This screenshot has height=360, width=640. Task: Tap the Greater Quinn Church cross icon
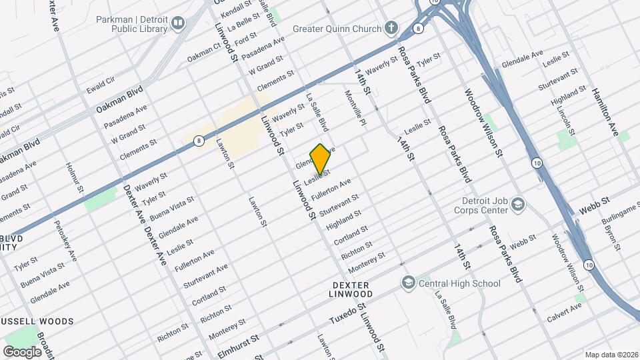(391, 29)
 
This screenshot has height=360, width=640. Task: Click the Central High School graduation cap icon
(407, 283)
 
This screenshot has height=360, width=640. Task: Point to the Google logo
(22, 351)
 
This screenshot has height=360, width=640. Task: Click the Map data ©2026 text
(611, 355)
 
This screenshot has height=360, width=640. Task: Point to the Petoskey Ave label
(66, 240)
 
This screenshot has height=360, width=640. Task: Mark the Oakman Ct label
(204, 53)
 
